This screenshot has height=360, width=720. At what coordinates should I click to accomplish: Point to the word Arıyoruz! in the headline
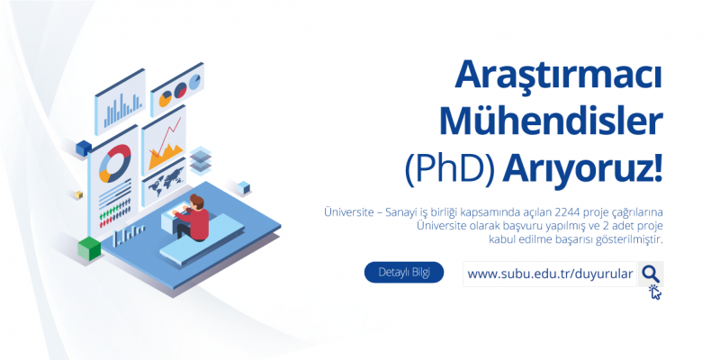coord(582,170)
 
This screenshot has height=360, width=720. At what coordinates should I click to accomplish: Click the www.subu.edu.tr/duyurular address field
coord(550,274)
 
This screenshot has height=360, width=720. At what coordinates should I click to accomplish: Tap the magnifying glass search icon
coord(651,274)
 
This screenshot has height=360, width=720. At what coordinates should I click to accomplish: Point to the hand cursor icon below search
coord(655,292)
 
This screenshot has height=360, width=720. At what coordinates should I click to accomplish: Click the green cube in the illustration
coord(89,248)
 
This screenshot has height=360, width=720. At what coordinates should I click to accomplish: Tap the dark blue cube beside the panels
coord(84,148)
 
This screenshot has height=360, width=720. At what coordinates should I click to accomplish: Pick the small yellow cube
coord(79,194)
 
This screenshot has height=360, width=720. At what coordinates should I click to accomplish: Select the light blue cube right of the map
coord(244,187)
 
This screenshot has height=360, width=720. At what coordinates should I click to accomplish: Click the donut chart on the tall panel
coord(115,164)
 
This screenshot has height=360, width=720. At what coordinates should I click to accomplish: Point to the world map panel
coord(164,182)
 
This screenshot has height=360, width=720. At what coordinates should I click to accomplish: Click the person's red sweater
coord(196,221)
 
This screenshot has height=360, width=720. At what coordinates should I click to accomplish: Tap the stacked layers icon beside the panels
coord(200,159)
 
